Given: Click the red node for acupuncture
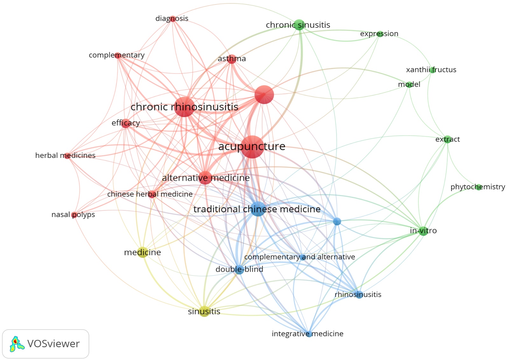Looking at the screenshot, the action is (x=252, y=147).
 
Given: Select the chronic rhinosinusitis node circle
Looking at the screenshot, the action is (x=184, y=107).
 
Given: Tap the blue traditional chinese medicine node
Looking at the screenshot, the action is (x=258, y=209).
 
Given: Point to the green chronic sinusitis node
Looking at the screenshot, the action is (x=299, y=25).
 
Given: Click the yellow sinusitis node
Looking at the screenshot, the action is (x=204, y=311).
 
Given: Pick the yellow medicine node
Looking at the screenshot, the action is (x=143, y=252).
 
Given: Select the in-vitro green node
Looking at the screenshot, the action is (x=423, y=231).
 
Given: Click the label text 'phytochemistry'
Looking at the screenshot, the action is (x=478, y=187).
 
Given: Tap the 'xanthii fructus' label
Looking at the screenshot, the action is (x=431, y=70).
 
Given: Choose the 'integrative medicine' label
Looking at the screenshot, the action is (x=307, y=334).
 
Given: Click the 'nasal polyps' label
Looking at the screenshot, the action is (x=73, y=215).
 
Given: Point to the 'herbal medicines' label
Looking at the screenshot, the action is (x=65, y=155).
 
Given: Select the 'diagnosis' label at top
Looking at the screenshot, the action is (x=172, y=18).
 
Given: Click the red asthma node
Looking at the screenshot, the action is (x=232, y=59).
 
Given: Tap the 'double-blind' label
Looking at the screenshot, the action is (x=239, y=269).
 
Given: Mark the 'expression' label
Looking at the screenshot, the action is (x=379, y=33).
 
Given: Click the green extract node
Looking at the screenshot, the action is (x=448, y=139).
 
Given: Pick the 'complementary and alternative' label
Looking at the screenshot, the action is (x=299, y=257).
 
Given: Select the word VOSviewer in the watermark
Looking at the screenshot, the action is (x=53, y=344).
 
